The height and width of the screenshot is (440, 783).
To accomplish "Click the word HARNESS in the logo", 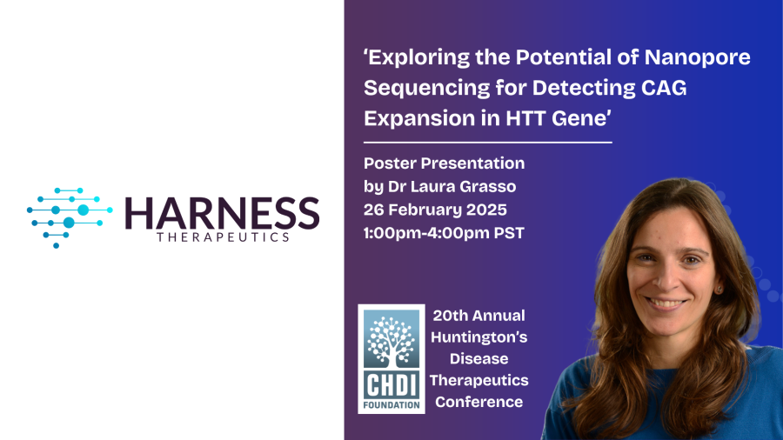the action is pos(222,213).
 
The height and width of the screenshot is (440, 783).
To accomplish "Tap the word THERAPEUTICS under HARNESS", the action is pos(223,237).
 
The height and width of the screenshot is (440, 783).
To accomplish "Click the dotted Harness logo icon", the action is pos(70,218).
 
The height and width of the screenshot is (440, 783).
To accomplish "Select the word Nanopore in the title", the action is pos(697,57).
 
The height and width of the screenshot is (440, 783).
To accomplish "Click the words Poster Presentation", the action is pos(444,163).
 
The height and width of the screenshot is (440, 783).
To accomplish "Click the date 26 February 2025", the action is pos(435,210).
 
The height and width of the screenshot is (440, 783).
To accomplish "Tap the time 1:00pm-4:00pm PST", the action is pos(444,233).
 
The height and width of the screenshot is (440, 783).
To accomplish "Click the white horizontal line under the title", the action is pos(488,143).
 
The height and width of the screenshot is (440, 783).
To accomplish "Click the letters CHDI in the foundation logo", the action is pos(391,384).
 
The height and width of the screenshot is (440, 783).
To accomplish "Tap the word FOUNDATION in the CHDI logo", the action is pos(391,405).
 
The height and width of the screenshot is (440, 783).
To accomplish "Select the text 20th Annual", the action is pos(478,316).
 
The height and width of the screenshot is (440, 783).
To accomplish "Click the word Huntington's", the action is pos(478,337).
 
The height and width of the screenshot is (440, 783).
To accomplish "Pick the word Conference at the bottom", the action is pos(478,402).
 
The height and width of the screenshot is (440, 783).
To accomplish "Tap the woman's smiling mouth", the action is pos(666,303).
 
